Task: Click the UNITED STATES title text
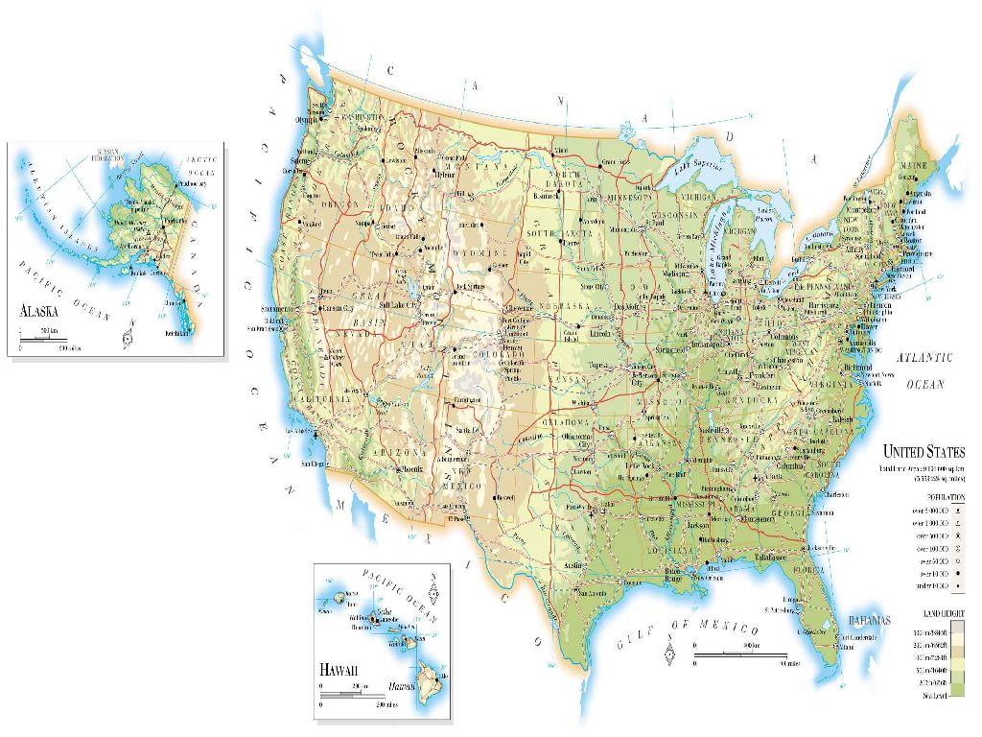[924, 451]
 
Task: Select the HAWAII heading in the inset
[339, 669]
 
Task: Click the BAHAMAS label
[870, 619]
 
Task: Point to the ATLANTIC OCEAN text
[924, 370]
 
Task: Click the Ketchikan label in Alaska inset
[177, 333]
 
